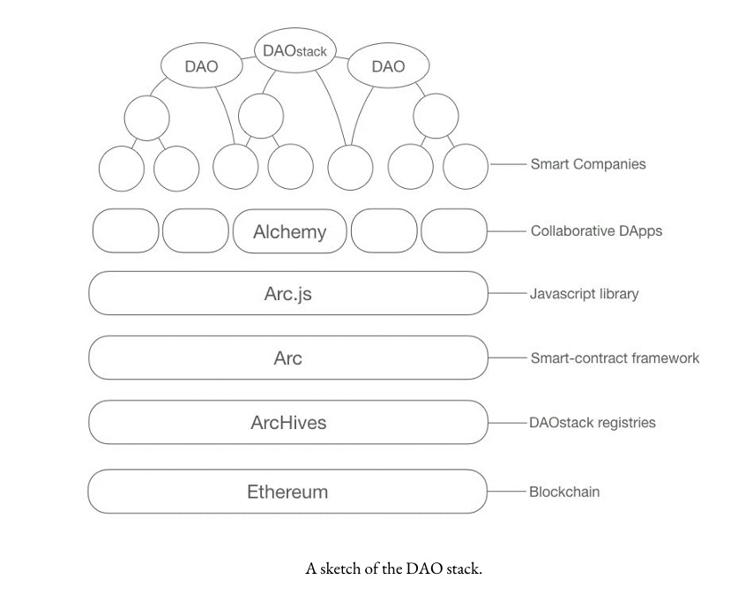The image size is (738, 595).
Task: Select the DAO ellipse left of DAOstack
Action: coord(201,66)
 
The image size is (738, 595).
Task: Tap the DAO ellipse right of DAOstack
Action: coord(388,66)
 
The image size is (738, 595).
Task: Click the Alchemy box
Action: coord(289,232)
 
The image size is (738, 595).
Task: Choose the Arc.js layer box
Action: coord(287,294)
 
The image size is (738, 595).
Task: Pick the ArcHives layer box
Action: coord(287,423)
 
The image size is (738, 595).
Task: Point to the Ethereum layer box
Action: coord(287,492)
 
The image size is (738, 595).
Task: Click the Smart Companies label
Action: coord(587,164)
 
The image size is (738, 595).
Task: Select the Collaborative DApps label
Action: coord(596,231)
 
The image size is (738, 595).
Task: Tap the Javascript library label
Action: coord(584,294)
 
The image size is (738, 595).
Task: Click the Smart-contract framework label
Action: coord(615,358)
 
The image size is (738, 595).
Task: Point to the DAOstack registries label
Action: coord(593,423)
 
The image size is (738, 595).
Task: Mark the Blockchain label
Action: coord(564,492)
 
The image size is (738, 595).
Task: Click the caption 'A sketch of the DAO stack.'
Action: coord(394,569)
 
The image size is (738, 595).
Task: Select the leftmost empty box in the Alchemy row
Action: coord(126,232)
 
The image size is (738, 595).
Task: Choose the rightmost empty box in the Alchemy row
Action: coord(453,232)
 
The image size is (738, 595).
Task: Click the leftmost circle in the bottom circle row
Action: coord(122,168)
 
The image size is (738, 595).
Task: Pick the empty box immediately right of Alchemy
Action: coord(384,232)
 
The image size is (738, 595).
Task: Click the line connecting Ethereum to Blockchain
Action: coord(506,492)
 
